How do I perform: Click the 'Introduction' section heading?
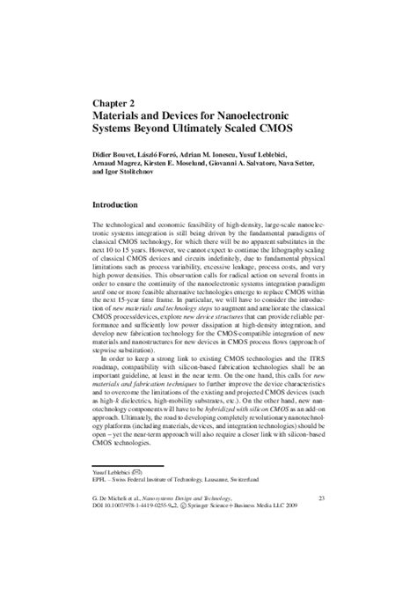coord(121,204)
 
